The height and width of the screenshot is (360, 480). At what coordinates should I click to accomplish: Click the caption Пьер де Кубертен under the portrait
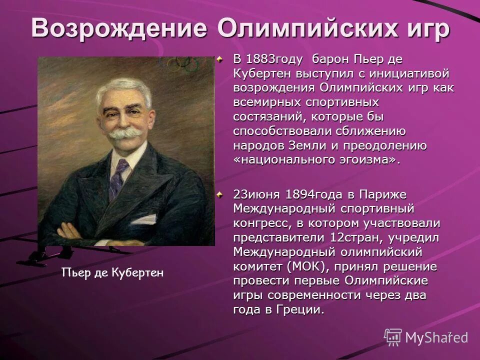pos(112,272)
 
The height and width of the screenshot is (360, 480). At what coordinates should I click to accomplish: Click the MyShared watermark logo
pos(426,337)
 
